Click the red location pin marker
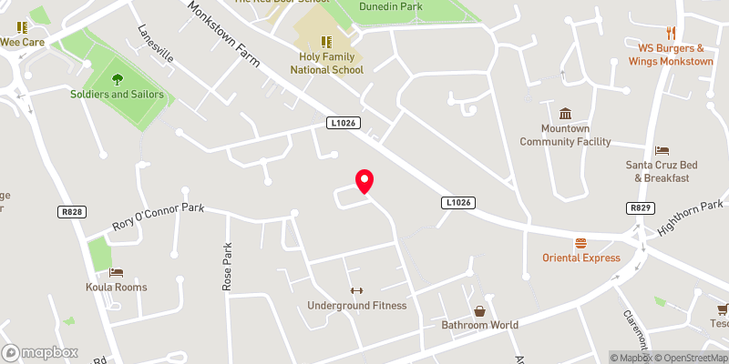(364, 181)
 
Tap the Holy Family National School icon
(326, 41)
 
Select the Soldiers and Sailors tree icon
(117, 79)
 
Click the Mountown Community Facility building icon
(565, 114)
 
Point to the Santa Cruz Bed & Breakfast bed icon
(662, 150)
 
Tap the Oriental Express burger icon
(580, 244)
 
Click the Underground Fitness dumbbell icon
(356, 291)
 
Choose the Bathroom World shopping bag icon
(479, 311)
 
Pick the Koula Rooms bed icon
(116, 272)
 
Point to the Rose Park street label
(228, 267)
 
